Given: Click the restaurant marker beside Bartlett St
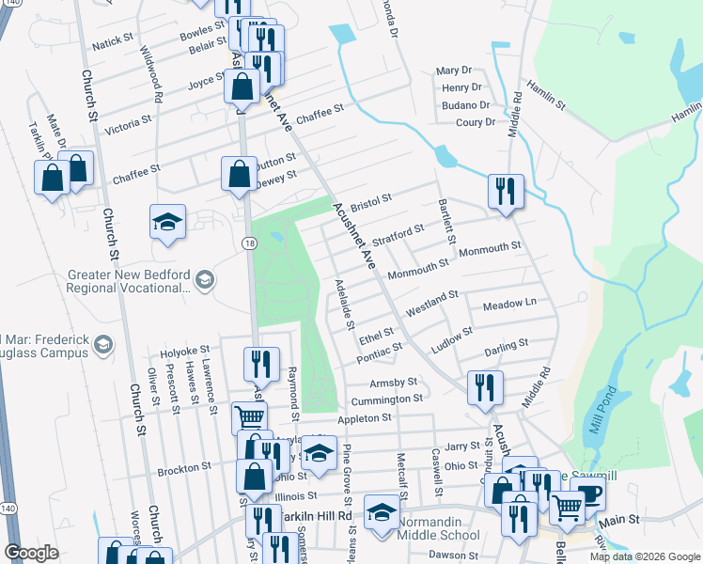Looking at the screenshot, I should click(506, 193).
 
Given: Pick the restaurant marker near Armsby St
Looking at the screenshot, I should click(485, 387).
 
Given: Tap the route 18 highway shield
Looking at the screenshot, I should click(248, 243).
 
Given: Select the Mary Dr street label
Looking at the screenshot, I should click(453, 71).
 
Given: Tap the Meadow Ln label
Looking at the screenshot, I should click(508, 305).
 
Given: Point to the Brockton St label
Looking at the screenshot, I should click(184, 468).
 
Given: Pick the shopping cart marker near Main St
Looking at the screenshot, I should click(568, 508).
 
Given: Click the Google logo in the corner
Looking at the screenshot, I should click(32, 553).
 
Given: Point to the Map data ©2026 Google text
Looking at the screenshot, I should click(644, 556).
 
